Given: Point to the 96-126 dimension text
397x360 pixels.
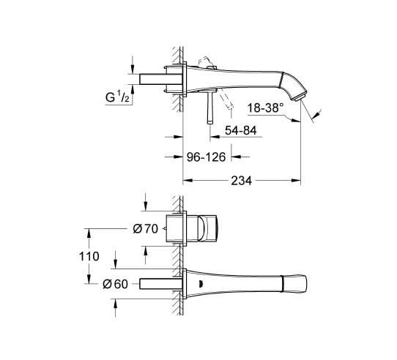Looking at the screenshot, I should (x=207, y=156).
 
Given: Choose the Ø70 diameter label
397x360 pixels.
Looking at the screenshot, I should (x=146, y=229).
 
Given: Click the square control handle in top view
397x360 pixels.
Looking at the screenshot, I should (x=209, y=228).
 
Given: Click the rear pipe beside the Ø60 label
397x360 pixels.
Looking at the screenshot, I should (x=155, y=284).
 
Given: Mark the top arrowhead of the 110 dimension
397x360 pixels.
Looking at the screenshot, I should (x=90, y=232).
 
